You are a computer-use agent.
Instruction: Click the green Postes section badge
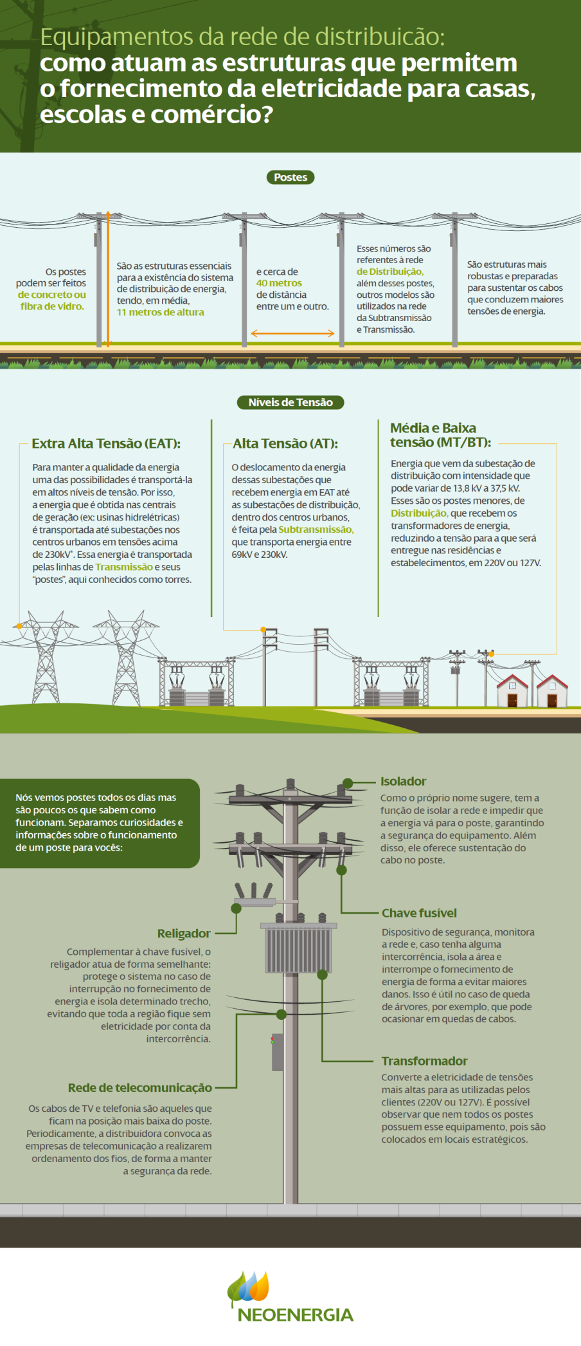[x=290, y=177]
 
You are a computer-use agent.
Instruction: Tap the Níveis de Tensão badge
[x=290, y=402]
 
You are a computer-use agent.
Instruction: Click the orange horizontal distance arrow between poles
[x=292, y=333]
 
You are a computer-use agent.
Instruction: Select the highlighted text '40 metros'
[x=279, y=283]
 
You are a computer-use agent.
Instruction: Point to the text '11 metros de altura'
[x=161, y=312]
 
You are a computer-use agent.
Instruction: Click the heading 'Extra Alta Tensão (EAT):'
[x=106, y=443]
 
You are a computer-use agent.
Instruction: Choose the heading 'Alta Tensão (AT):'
[x=285, y=443]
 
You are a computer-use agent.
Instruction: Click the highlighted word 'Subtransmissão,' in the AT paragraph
[x=316, y=529]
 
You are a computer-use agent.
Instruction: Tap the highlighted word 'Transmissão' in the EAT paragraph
[x=124, y=567]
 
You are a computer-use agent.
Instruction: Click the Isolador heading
[x=404, y=781]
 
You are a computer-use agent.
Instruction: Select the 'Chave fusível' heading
[x=419, y=913]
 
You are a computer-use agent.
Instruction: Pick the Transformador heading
[x=424, y=1061]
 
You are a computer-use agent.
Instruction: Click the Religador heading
[x=184, y=934]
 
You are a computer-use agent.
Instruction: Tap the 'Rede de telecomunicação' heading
[x=140, y=1087]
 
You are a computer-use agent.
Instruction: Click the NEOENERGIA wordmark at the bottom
[x=296, y=1314]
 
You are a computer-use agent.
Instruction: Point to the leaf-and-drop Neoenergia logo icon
[x=248, y=1288]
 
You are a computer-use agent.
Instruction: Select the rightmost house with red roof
[x=552, y=691]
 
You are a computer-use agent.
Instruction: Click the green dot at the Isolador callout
[x=348, y=783]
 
